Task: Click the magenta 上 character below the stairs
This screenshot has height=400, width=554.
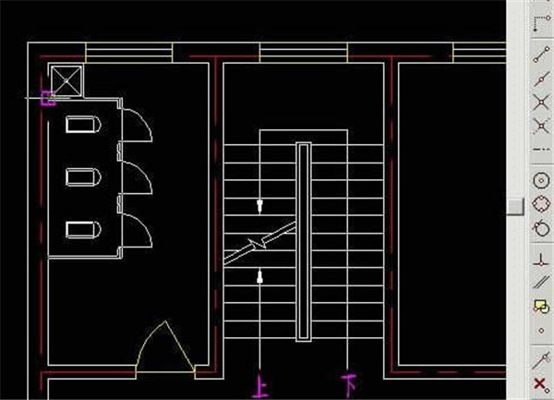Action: (x=261, y=387)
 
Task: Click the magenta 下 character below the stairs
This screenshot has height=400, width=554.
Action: (x=349, y=384)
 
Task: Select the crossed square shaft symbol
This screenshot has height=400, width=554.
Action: (x=66, y=80)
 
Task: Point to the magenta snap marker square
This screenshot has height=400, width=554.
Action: (x=48, y=99)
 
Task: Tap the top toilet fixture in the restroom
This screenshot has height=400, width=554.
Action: (x=83, y=125)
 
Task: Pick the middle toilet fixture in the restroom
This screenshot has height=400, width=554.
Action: (x=83, y=177)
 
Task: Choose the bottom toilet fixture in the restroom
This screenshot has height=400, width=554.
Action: (x=83, y=230)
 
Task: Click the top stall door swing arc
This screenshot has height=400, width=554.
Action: (x=138, y=126)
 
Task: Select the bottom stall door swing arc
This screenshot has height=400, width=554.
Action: (x=138, y=230)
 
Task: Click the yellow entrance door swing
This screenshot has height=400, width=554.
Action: (x=165, y=346)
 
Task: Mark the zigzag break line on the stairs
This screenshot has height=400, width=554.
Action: (x=260, y=244)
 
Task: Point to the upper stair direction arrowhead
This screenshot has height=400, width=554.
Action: (x=260, y=206)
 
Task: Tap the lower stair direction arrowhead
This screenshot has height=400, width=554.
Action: (x=260, y=277)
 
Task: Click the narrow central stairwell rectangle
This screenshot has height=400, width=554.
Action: (x=304, y=242)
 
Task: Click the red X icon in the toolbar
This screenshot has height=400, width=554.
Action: (x=541, y=385)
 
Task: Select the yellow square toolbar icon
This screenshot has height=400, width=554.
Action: (x=541, y=306)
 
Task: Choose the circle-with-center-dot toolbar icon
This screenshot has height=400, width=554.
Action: (x=541, y=181)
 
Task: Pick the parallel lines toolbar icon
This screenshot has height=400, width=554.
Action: (x=541, y=282)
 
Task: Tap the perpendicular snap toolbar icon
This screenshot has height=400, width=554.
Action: (x=541, y=260)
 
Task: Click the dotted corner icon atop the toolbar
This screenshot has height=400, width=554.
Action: (x=541, y=24)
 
